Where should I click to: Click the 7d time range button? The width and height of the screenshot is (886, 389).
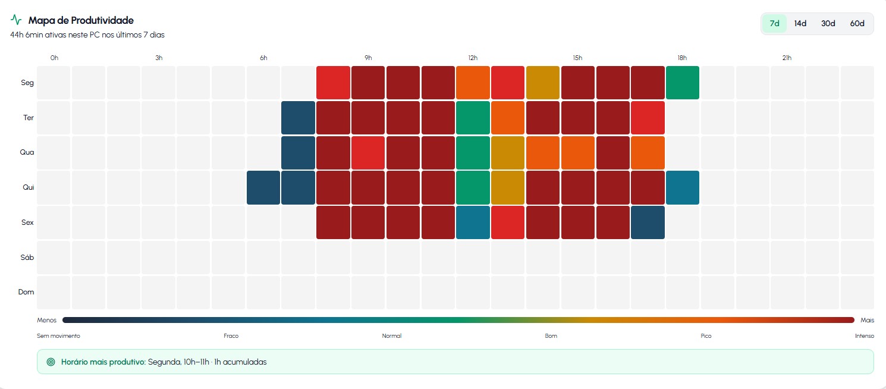[x=774, y=23]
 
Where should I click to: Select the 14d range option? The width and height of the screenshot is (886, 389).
[x=800, y=23]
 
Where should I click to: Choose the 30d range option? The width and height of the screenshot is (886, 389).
[x=828, y=23]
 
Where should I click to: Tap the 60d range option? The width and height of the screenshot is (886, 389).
[x=857, y=23]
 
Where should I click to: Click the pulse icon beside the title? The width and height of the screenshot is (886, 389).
[x=16, y=20]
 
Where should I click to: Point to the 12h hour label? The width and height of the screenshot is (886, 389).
[x=473, y=58]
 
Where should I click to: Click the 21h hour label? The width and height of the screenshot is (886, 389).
[x=787, y=58]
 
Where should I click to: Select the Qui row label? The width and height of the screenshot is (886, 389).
[x=28, y=187]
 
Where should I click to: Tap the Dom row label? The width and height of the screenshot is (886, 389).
[x=26, y=292]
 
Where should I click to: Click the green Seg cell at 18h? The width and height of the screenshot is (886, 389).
[x=682, y=83]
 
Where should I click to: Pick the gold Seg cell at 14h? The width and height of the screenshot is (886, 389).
[x=543, y=83]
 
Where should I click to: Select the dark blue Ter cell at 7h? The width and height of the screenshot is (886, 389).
[x=299, y=118]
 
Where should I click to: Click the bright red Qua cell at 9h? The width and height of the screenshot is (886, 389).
[x=368, y=153]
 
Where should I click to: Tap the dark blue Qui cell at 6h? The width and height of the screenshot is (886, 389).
[x=263, y=187]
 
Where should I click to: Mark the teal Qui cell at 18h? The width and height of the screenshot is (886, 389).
[x=682, y=187]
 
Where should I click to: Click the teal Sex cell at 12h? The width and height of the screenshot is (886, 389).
[x=473, y=222]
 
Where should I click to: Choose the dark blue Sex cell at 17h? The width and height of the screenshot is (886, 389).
[x=648, y=222]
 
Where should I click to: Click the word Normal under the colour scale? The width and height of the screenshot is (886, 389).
[x=392, y=336]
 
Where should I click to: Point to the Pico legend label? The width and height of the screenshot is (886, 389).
[x=706, y=336]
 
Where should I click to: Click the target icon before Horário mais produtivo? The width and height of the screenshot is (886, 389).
[x=51, y=362]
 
